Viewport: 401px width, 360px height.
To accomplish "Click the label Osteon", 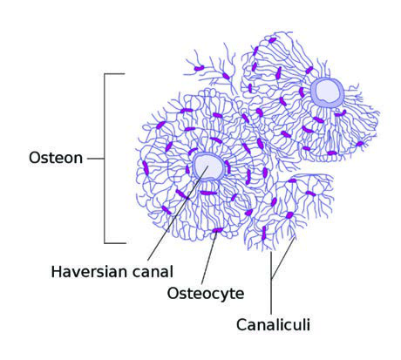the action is click(56, 158).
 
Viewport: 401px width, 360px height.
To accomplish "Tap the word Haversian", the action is click(90, 272).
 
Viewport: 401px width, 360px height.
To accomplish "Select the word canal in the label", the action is click(153, 272).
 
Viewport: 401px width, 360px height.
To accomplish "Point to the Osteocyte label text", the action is click(206, 293).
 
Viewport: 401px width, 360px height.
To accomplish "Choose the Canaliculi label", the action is click(273, 324).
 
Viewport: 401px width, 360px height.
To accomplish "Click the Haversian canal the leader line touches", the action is click(208, 166).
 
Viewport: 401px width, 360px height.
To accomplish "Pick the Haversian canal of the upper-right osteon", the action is click(327, 92).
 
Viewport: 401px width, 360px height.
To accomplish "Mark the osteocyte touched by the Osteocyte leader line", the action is click(217, 230).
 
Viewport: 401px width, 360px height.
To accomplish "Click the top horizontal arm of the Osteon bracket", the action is click(114, 74).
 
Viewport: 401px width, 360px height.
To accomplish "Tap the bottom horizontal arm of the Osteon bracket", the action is click(115, 243).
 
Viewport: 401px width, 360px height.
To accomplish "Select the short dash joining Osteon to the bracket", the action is click(96, 159).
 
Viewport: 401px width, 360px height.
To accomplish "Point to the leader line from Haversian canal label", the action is click(178, 214).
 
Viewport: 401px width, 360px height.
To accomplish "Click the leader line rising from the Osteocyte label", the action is click(209, 258).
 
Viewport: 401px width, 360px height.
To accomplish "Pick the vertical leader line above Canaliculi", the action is click(271, 283).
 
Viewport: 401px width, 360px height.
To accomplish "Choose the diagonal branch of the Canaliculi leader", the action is click(283, 258).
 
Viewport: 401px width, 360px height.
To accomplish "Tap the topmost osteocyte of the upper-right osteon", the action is click(272, 40).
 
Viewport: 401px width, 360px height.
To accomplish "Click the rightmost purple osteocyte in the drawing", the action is click(360, 144).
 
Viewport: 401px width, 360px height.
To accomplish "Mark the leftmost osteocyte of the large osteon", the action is click(146, 168).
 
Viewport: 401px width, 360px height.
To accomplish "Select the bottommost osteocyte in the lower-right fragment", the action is click(264, 233).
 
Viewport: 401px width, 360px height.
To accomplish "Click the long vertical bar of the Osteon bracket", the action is click(105, 159).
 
